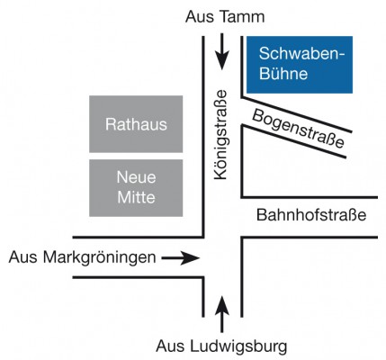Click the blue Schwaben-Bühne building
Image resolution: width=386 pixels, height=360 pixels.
point(300,65)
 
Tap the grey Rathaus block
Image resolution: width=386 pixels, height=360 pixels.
point(136,124)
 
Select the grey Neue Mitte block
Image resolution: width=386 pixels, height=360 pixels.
point(136,188)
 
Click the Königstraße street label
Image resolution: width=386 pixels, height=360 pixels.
point(220,135)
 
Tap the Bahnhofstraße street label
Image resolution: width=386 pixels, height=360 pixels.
point(311,215)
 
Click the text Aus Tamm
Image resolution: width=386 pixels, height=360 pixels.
point(225,17)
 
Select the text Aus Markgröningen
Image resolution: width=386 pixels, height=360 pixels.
point(83,257)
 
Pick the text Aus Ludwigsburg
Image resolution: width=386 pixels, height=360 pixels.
point(221,346)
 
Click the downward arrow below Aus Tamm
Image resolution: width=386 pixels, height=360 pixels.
point(222,51)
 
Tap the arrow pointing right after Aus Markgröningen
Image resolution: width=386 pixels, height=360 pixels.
point(181,257)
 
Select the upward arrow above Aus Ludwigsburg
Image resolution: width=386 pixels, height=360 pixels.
point(222,314)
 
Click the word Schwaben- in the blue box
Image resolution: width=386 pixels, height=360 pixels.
point(302,54)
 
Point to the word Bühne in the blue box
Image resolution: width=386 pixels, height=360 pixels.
point(283,73)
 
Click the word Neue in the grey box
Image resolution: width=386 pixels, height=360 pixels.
point(136,177)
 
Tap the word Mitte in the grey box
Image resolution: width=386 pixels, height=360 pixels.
point(136,197)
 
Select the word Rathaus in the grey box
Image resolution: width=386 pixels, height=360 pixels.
point(136,124)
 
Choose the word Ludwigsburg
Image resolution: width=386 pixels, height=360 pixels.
point(238,346)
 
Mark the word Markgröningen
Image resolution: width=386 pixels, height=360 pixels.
point(100,257)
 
